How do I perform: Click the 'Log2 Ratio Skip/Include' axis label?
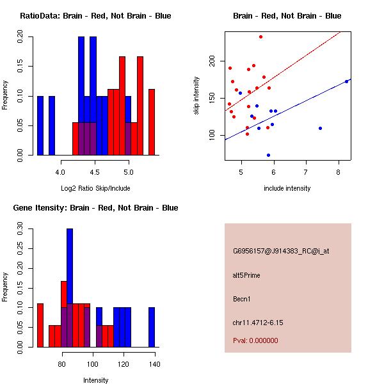click(x=95, y=188)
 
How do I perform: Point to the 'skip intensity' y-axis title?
click(x=196, y=96)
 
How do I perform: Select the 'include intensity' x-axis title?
click(x=287, y=188)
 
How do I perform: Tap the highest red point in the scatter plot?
click(x=260, y=36)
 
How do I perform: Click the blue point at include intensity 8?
click(x=346, y=81)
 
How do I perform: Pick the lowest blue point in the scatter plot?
click(x=268, y=155)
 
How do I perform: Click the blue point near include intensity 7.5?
click(x=320, y=128)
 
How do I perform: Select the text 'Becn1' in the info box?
click(x=241, y=299)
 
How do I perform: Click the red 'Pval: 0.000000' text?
click(x=255, y=340)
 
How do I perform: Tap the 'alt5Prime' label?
click(x=246, y=275)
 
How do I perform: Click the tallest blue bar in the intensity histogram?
click(x=70, y=288)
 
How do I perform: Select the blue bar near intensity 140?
click(x=152, y=327)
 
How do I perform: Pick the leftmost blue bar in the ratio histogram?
click(x=40, y=125)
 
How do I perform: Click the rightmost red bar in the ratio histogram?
click(x=152, y=122)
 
